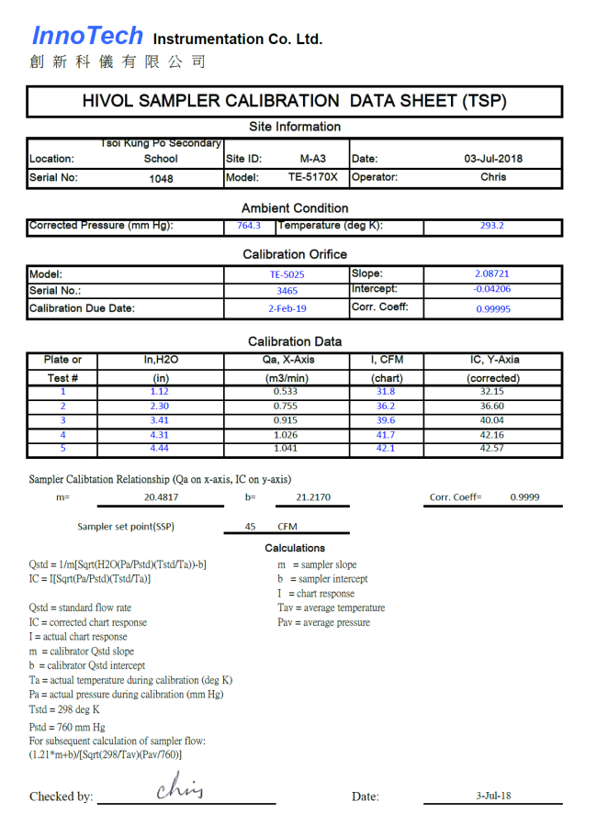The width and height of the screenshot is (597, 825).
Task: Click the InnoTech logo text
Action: [x=87, y=36]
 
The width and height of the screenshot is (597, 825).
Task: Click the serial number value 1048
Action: [x=161, y=179]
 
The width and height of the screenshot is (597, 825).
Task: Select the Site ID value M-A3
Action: [x=312, y=159]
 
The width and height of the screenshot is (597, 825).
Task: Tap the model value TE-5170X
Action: [x=312, y=178]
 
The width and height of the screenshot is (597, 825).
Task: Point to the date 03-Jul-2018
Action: [x=493, y=159]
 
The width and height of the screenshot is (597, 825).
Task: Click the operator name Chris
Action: [x=493, y=178]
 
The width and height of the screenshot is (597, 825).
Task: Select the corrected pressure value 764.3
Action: [x=249, y=226]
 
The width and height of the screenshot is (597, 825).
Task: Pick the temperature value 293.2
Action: [x=492, y=226]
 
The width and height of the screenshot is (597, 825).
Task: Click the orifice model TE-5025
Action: [x=287, y=274]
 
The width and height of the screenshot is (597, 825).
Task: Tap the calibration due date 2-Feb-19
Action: [x=287, y=309]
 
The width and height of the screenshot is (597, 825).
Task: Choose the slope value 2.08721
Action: [x=492, y=274]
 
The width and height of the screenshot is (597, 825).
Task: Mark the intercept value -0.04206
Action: [x=492, y=290]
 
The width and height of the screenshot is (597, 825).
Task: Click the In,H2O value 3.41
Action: [x=161, y=420]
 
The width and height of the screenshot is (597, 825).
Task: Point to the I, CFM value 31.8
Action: [x=387, y=392]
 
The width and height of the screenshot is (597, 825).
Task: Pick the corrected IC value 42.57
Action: [x=492, y=449]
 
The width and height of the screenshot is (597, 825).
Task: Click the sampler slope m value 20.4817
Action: [x=161, y=497]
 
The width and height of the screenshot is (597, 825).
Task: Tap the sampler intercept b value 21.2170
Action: [x=313, y=497]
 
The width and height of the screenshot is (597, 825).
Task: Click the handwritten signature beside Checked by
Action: [x=179, y=787]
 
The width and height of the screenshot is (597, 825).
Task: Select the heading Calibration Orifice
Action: [x=295, y=254]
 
